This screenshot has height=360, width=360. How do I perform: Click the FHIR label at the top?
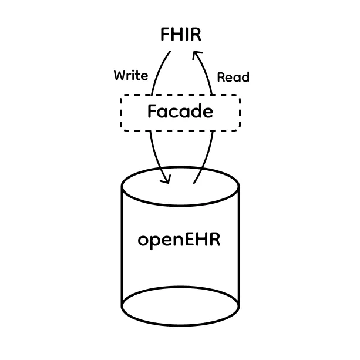click(x=180, y=35)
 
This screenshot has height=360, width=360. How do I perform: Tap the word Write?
click(x=130, y=76)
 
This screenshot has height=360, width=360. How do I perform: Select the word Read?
click(x=233, y=77)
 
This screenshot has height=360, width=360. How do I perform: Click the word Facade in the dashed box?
click(x=180, y=112)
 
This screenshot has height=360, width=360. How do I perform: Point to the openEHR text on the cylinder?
click(x=179, y=240)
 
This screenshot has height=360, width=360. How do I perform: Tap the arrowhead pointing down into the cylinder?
click(x=165, y=179)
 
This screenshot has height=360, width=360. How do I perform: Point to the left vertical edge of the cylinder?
click(x=122, y=247)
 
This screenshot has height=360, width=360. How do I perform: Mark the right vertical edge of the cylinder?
click(x=238, y=247)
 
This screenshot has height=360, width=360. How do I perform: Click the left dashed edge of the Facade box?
click(x=121, y=112)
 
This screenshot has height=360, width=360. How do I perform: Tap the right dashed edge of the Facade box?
click(x=240, y=112)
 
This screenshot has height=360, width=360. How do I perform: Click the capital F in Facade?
click(x=152, y=112)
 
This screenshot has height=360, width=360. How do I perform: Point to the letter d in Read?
click(x=245, y=77)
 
